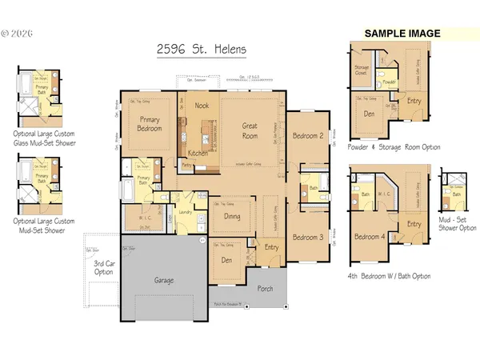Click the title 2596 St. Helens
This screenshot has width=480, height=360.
click(x=202, y=50)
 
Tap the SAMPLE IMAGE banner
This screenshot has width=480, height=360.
click(x=402, y=34)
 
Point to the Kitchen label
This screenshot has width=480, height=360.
click(x=198, y=152)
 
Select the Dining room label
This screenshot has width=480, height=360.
click(x=231, y=216)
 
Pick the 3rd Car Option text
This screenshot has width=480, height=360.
click(x=104, y=267)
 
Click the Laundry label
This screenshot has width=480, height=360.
click(x=187, y=212)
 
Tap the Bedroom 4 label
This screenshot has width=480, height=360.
click(x=369, y=238)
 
